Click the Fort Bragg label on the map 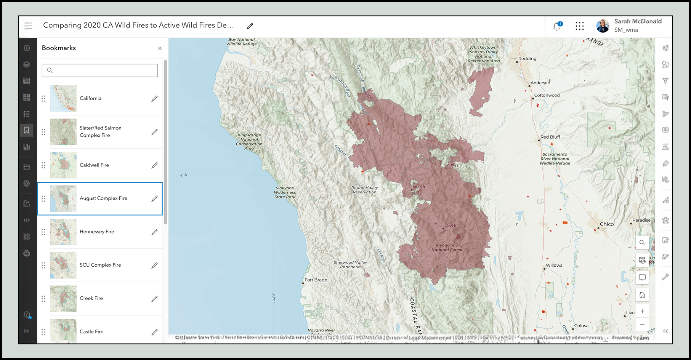pyautogui.click(x=316, y=280)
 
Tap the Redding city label pyautogui.click(x=527, y=59)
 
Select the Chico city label pyautogui.click(x=606, y=224)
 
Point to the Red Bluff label pyautogui.click(x=550, y=137)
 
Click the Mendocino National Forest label pyautogui.click(x=447, y=248)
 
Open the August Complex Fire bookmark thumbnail pyautogui.click(x=63, y=198)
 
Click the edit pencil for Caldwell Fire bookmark pyautogui.click(x=154, y=165)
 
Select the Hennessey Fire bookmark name pyautogui.click(x=97, y=232)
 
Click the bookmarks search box pyautogui.click(x=100, y=70)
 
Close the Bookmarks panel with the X pyautogui.click(x=160, y=48)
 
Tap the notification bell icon pyautogui.click(x=557, y=26)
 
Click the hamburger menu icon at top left pyautogui.click(x=28, y=26)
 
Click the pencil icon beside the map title pyautogui.click(x=250, y=26)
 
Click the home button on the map pyautogui.click(x=642, y=294)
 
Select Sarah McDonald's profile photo pyautogui.click(x=603, y=26)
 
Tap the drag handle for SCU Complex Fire pyautogui.click(x=43, y=265)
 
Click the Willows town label pyautogui.click(x=554, y=265)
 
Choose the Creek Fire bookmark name pyautogui.click(x=91, y=298)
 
